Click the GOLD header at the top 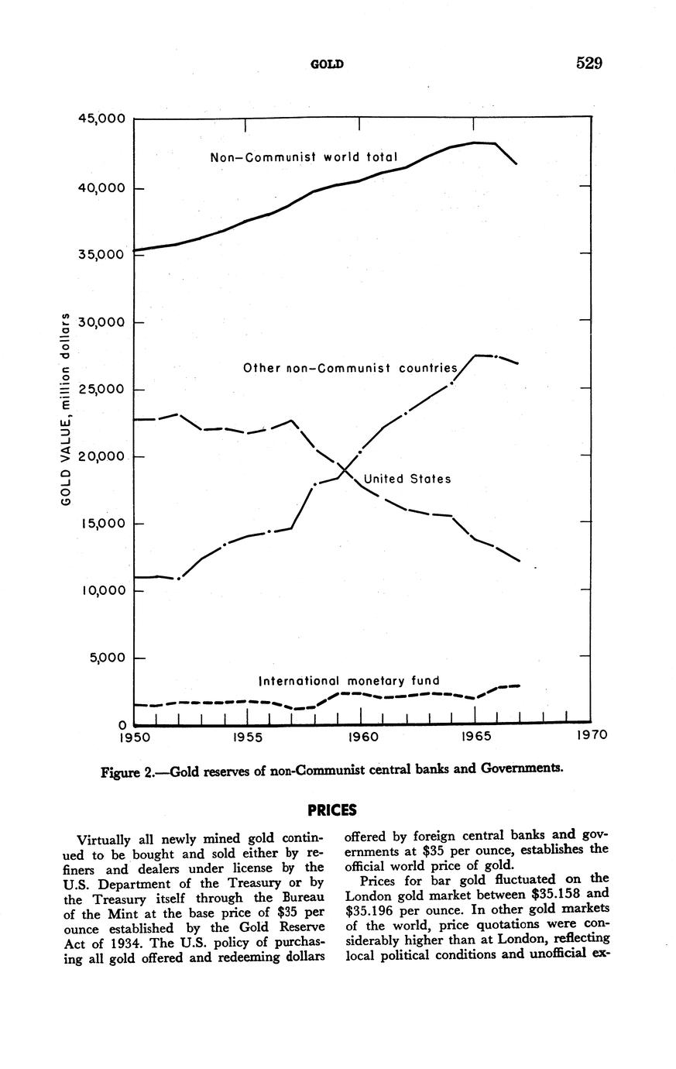(326, 64)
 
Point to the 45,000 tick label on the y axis (101, 119)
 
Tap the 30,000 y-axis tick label (101, 322)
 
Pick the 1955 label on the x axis (248, 737)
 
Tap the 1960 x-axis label (362, 737)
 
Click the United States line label (407, 480)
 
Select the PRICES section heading (332, 810)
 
